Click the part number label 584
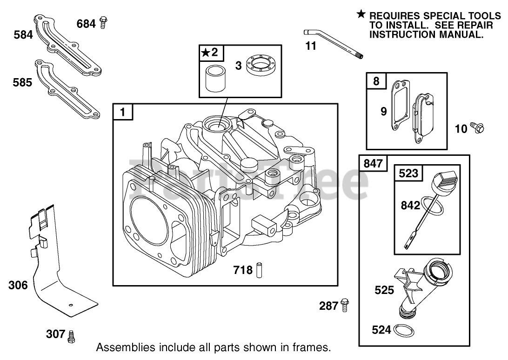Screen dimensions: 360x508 [23, 34]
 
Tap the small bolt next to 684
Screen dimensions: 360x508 [103, 22]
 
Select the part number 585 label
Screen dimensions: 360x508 [23, 82]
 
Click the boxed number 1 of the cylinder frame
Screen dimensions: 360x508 [122, 112]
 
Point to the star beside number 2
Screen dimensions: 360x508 [205, 53]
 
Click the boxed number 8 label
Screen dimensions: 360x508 [376, 82]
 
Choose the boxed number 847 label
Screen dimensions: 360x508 [373, 163]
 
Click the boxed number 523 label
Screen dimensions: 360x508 [408, 174]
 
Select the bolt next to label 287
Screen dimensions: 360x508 [345, 305]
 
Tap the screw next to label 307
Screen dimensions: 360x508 [71, 336]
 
